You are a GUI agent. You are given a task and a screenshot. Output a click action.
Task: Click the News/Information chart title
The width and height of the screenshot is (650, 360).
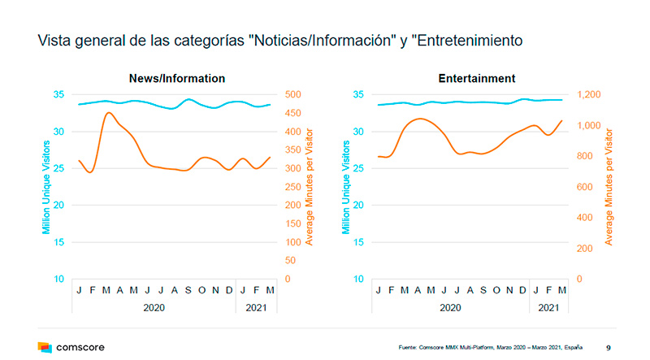click(176, 79)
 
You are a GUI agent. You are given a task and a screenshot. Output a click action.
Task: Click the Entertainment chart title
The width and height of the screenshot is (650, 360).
click(476, 79)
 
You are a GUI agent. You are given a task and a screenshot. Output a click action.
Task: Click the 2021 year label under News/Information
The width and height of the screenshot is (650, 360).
click(255, 308)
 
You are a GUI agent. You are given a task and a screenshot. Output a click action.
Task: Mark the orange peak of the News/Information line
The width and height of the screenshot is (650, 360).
click(107, 113)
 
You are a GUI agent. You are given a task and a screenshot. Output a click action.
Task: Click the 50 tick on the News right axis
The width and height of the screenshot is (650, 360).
click(289, 261)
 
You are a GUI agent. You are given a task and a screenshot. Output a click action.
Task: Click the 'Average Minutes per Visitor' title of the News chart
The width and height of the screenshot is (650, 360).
click(310, 186)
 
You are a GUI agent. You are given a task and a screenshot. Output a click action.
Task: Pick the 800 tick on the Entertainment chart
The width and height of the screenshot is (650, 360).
click(587, 157)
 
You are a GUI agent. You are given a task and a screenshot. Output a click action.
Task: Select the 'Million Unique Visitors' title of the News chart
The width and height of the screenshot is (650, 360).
click(47, 186)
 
